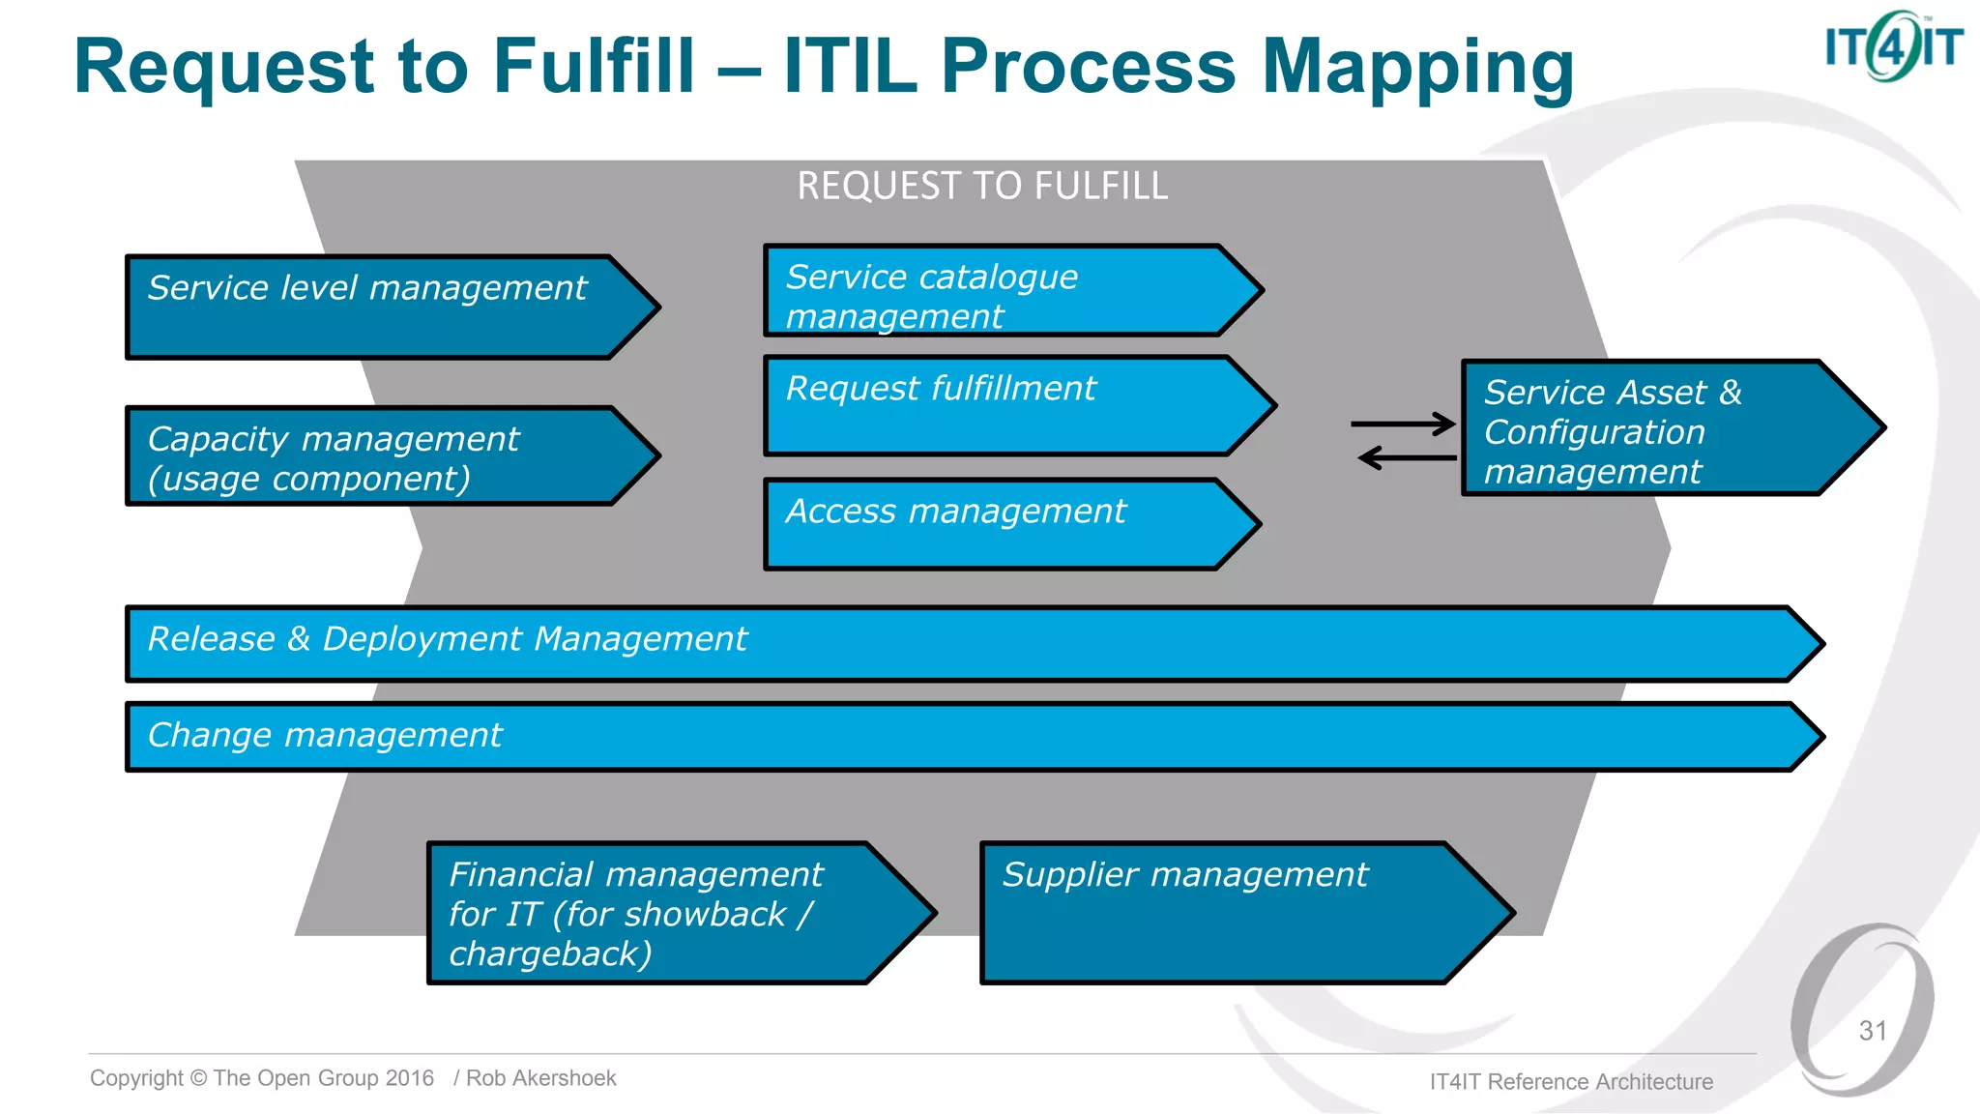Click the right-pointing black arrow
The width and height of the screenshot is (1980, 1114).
[x=1403, y=424]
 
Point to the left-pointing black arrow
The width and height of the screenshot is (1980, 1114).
[x=1407, y=457]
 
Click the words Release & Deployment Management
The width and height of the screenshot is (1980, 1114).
[x=447, y=639]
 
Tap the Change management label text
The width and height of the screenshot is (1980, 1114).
[x=325, y=735]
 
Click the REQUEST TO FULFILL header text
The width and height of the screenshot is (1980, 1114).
[x=982, y=186]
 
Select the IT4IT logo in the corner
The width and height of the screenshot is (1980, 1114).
[x=1893, y=46]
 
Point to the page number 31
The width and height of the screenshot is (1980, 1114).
[x=1873, y=1031]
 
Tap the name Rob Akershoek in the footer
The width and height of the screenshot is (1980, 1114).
[x=540, y=1078]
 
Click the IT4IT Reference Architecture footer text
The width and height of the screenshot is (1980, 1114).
[x=1571, y=1082]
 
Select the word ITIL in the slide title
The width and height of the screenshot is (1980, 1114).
[x=850, y=68]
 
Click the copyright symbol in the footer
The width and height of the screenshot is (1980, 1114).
[x=198, y=1078]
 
